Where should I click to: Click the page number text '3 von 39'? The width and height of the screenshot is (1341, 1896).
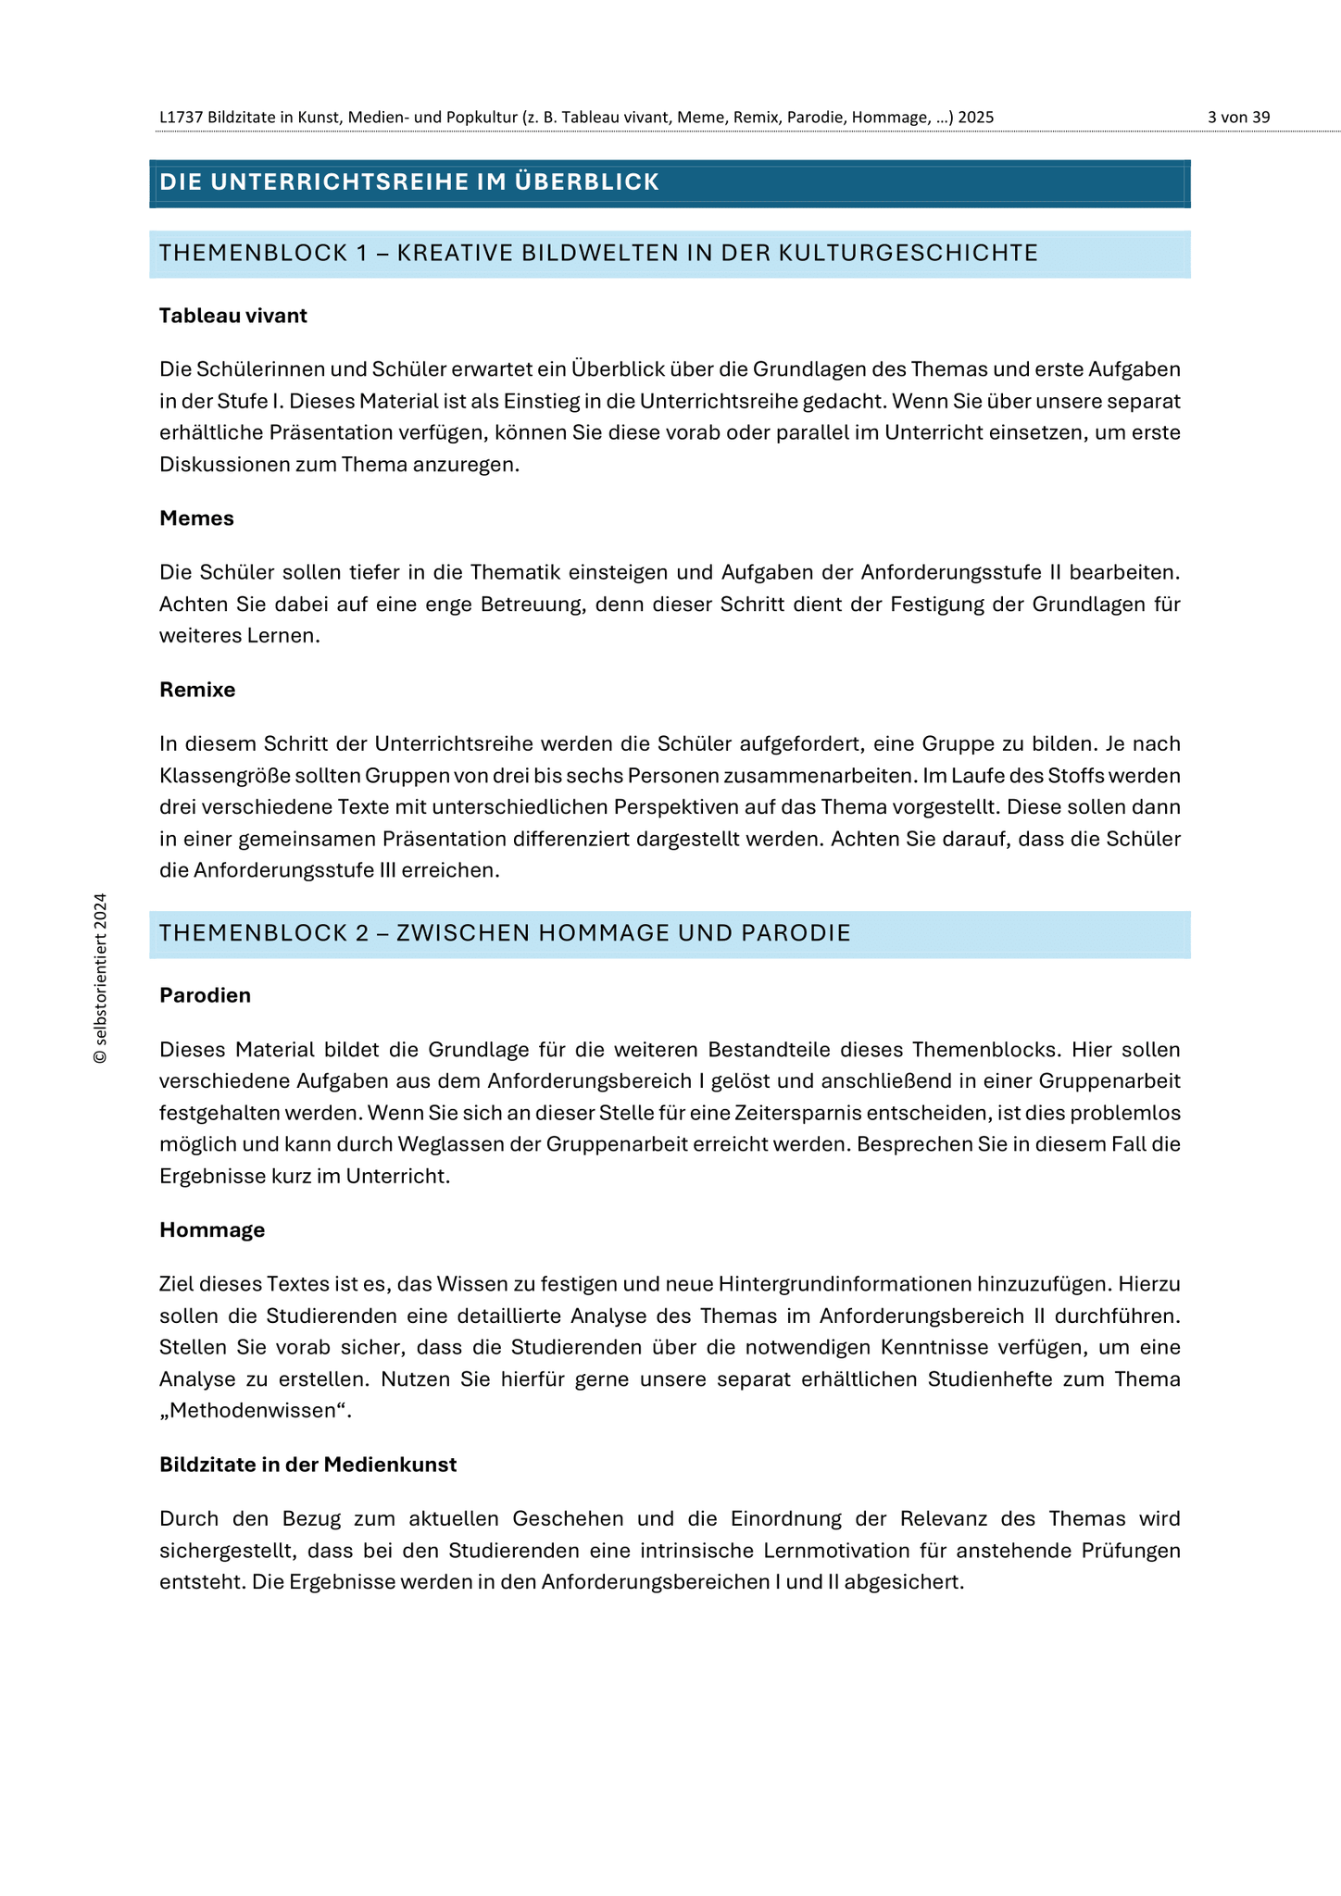(x=1238, y=118)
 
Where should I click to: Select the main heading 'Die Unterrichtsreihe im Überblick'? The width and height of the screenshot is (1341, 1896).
(x=409, y=182)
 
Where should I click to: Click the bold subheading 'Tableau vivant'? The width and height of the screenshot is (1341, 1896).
(x=233, y=316)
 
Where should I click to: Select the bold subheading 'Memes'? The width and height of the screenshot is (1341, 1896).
(x=196, y=518)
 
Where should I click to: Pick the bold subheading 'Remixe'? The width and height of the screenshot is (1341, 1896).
(x=197, y=690)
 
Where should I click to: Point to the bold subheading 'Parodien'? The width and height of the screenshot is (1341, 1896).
(x=205, y=995)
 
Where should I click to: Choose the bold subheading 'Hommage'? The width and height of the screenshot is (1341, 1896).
(x=212, y=1230)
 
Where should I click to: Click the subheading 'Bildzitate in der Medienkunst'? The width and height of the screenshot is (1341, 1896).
(x=307, y=1465)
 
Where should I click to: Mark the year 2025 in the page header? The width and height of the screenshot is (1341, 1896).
(x=976, y=118)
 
